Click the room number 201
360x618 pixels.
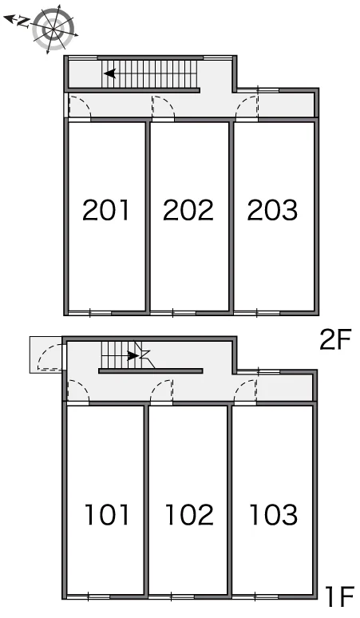(105, 210)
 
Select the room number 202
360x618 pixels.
(188, 210)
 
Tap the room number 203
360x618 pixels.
(272, 210)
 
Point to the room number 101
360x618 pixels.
(107, 515)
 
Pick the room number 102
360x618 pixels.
(189, 515)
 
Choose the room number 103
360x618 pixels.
(273, 515)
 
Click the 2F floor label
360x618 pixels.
(334, 340)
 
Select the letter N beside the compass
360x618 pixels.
(23, 22)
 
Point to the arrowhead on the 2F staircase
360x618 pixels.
(109, 73)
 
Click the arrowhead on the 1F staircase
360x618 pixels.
(133, 356)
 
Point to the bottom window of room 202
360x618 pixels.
(173, 313)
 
